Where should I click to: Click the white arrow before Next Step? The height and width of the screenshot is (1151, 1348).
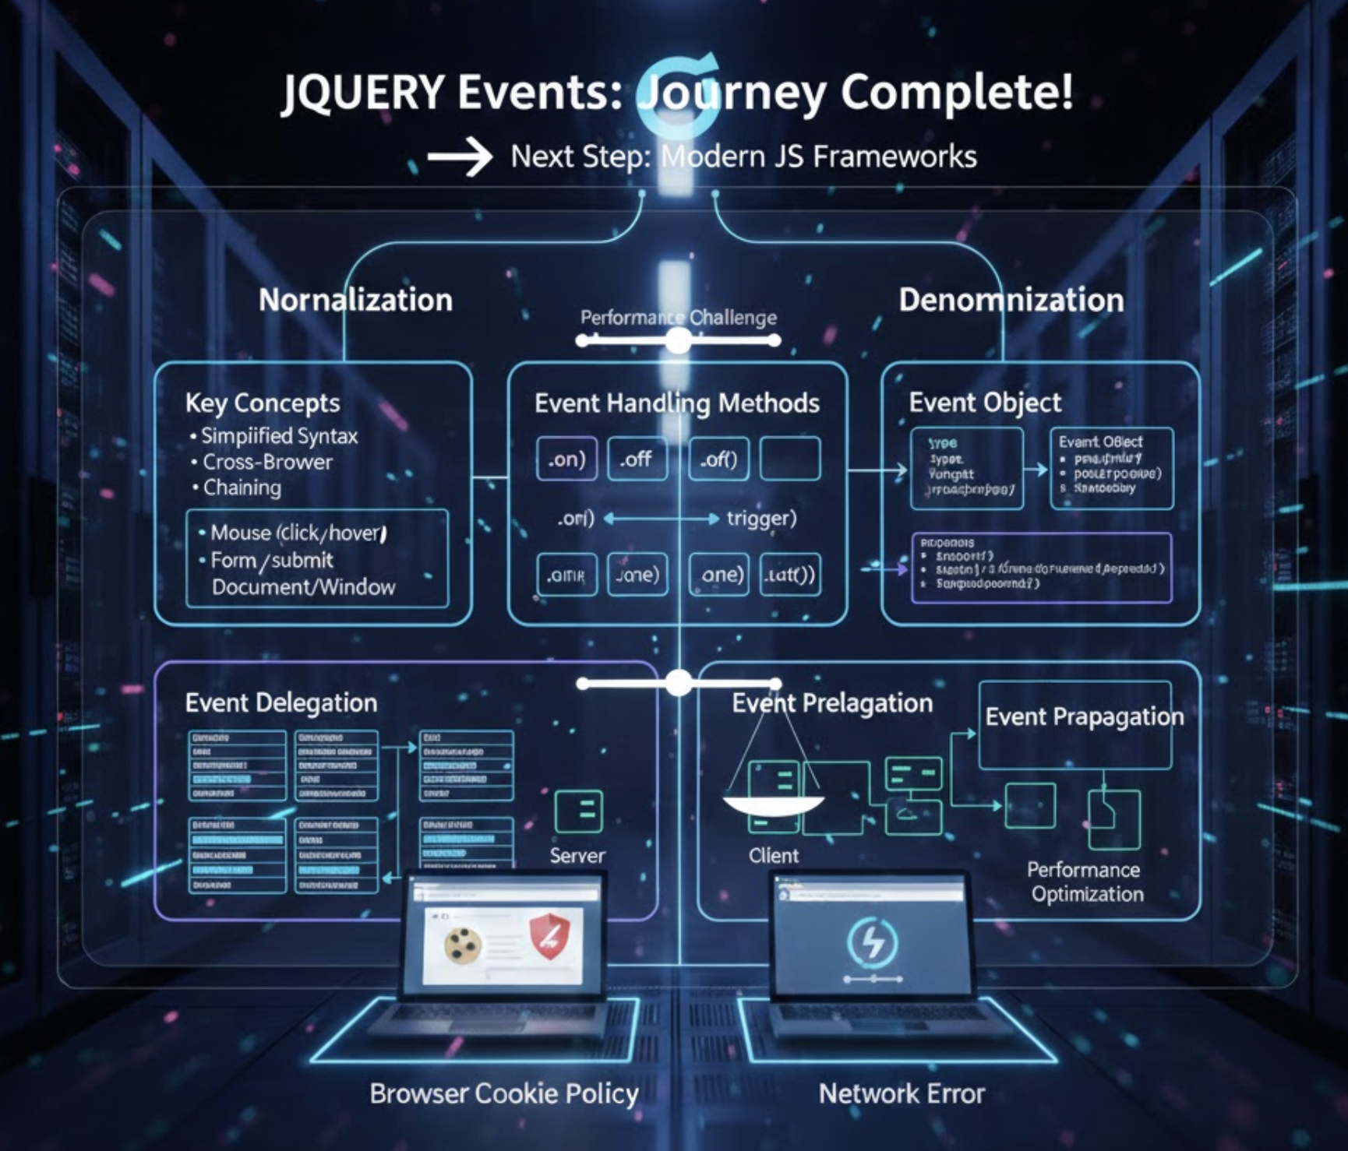click(x=460, y=157)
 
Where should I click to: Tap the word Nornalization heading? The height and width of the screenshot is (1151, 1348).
click(x=355, y=300)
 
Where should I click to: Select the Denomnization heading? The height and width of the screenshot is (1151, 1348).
click(x=1011, y=300)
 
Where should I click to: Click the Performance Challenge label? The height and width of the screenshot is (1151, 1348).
click(x=678, y=318)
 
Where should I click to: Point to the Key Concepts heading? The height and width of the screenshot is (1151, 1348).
click(x=263, y=403)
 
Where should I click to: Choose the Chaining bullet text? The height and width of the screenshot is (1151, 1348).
click(x=242, y=488)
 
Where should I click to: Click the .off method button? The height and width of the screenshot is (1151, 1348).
click(x=636, y=459)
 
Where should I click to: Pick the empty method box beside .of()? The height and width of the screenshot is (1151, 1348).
click(x=789, y=459)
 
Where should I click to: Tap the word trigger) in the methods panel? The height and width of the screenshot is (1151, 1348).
click(x=761, y=518)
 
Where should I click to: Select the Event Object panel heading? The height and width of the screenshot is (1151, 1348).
click(x=985, y=402)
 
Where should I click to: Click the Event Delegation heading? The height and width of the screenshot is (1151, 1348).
click(x=281, y=702)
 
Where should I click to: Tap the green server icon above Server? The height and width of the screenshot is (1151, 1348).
click(x=578, y=811)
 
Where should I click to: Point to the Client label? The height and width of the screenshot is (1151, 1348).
click(x=773, y=856)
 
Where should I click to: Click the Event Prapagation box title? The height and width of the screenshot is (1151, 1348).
click(x=1083, y=716)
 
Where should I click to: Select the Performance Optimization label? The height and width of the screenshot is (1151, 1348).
click(x=1085, y=882)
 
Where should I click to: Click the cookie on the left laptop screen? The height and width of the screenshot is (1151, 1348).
click(x=462, y=945)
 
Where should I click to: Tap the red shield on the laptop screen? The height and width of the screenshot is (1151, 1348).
click(x=549, y=938)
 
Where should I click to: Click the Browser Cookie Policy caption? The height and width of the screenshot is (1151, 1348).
click(x=504, y=1093)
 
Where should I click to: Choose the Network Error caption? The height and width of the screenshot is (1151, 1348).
click(x=902, y=1093)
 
